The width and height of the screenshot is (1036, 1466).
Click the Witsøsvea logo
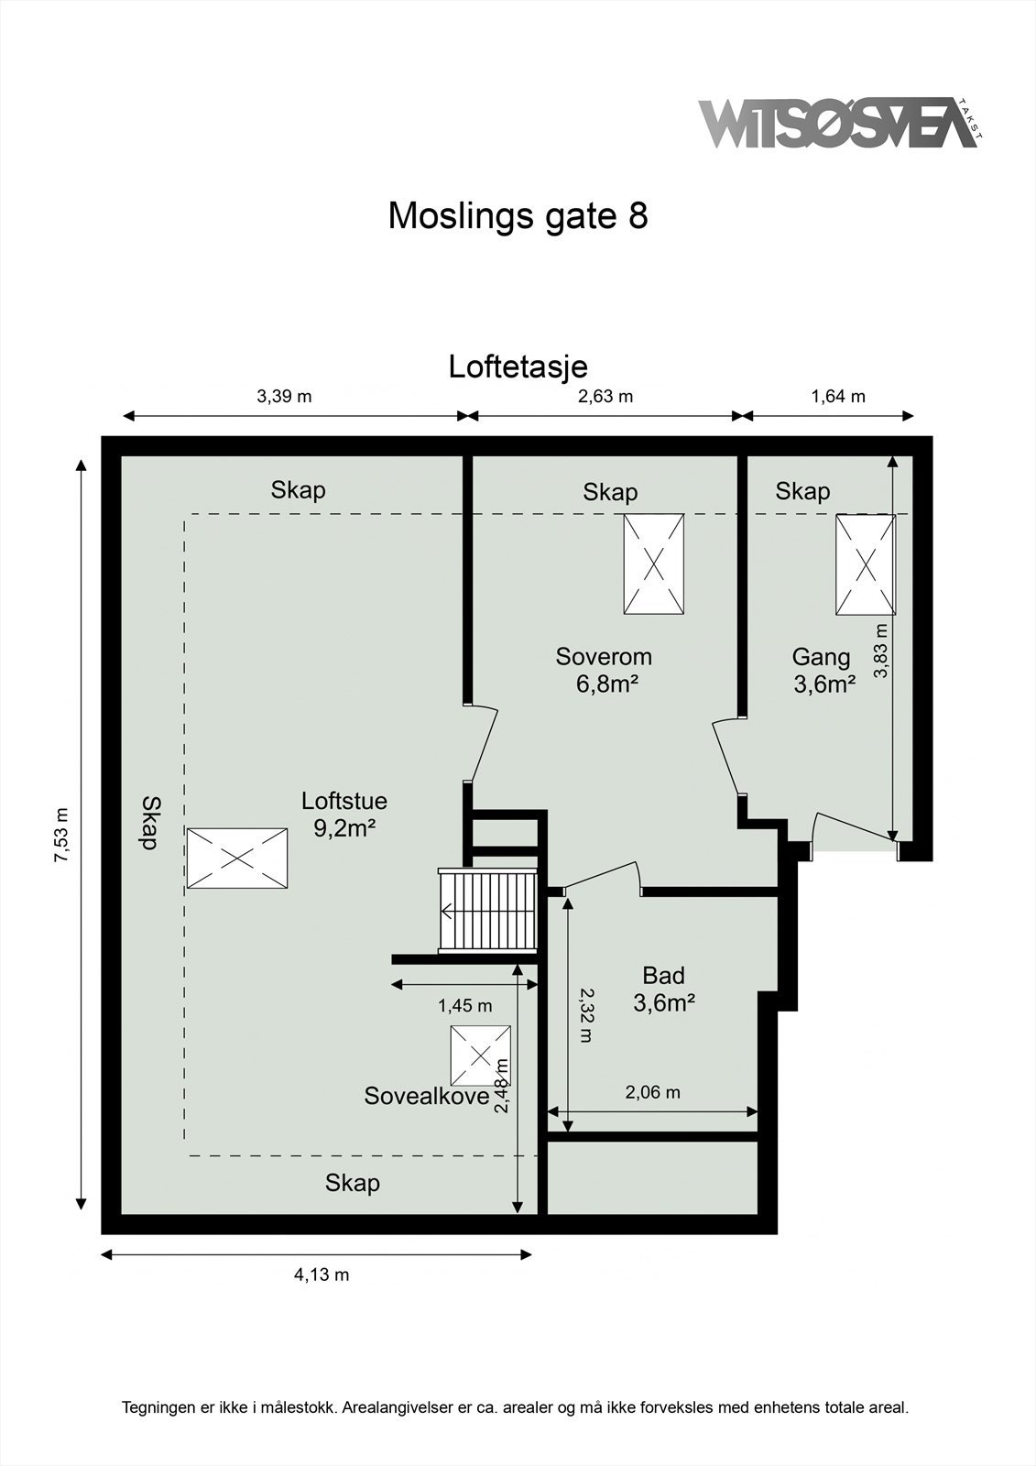[838, 124]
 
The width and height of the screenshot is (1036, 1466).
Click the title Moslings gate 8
[518, 216]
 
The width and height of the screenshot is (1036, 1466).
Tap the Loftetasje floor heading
[518, 366]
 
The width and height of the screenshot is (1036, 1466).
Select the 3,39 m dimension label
[284, 397]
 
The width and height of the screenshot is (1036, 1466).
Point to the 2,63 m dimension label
[605, 397]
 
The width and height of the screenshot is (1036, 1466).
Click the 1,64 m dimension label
[838, 397]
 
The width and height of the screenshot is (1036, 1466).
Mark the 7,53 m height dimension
[61, 835]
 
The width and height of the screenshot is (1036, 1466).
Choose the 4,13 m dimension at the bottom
[322, 1275]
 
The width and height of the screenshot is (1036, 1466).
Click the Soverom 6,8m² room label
[605, 670]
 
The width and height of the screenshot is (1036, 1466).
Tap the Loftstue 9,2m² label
[344, 814]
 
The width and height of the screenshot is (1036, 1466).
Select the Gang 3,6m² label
[823, 670]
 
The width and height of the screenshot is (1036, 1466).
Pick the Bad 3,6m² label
[663, 989]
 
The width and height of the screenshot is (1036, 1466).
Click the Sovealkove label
[427, 1096]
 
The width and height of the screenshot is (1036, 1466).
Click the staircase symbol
[487, 913]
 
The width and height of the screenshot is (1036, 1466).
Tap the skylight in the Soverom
[653, 563]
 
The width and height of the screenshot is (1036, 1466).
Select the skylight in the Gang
[865, 563]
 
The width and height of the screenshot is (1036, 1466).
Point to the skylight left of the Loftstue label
[236, 859]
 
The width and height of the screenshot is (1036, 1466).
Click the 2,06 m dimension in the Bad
[652, 1092]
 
